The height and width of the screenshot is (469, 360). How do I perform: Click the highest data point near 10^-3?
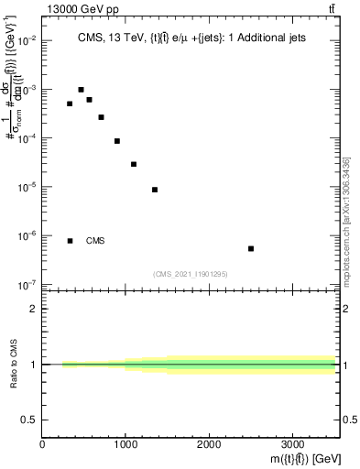[x=81, y=90]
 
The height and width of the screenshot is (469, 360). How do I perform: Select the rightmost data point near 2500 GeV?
[x=251, y=248]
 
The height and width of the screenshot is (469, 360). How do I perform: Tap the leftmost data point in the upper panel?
[x=70, y=104]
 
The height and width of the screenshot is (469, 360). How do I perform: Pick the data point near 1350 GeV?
[x=155, y=190]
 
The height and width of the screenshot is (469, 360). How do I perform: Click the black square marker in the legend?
[x=70, y=241]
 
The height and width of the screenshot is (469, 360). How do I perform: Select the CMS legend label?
[x=95, y=241]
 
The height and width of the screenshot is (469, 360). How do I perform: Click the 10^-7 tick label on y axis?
[x=27, y=284]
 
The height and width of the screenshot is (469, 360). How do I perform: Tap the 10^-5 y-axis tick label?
[x=27, y=187]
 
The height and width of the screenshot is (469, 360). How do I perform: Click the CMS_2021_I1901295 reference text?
[x=191, y=274]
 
